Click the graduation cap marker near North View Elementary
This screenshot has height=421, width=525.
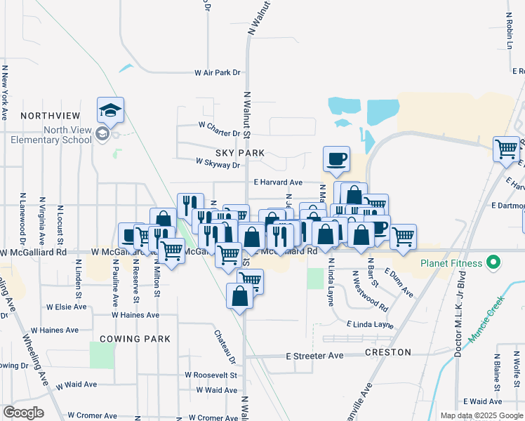(111, 110)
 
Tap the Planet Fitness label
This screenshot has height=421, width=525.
(451, 263)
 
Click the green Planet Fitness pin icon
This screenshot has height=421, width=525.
(493, 263)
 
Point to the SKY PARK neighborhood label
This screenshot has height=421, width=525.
(240, 152)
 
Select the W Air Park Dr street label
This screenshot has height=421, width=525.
(218, 72)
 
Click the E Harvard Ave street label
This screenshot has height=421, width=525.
(278, 182)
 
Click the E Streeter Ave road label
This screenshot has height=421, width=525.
(314, 356)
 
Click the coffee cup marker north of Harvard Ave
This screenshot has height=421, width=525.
(336, 159)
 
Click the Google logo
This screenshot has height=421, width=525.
(23, 412)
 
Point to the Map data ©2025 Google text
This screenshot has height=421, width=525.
(481, 415)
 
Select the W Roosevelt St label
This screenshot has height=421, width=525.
(211, 375)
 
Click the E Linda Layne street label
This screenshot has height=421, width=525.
(370, 324)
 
